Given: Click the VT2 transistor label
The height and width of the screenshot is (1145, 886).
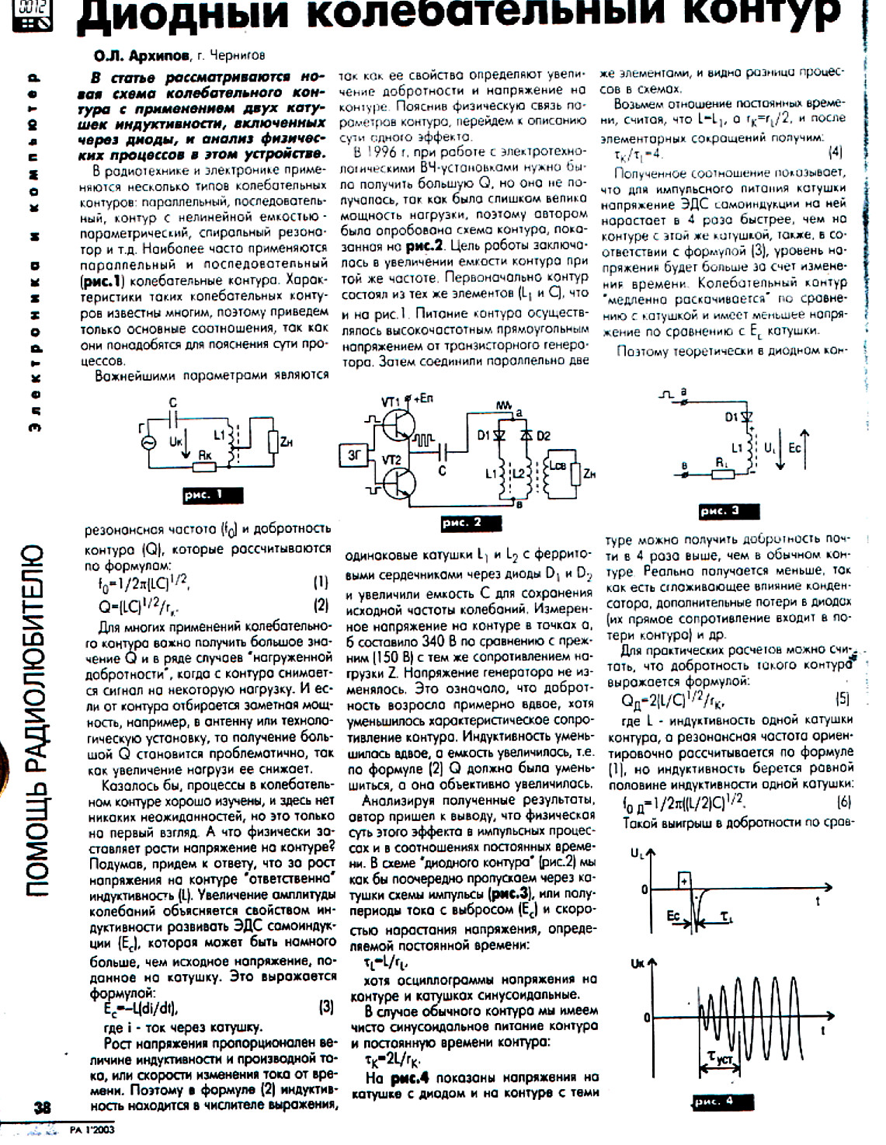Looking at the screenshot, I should tap(392, 461).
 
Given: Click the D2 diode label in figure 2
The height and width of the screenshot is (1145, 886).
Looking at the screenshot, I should tap(543, 436).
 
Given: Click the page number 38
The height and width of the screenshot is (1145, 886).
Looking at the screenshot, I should tap(42, 1108).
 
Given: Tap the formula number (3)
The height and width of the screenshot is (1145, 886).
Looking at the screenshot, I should tap(325, 1007).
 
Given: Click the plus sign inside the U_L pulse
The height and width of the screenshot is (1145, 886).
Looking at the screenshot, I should tap(684, 881).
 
